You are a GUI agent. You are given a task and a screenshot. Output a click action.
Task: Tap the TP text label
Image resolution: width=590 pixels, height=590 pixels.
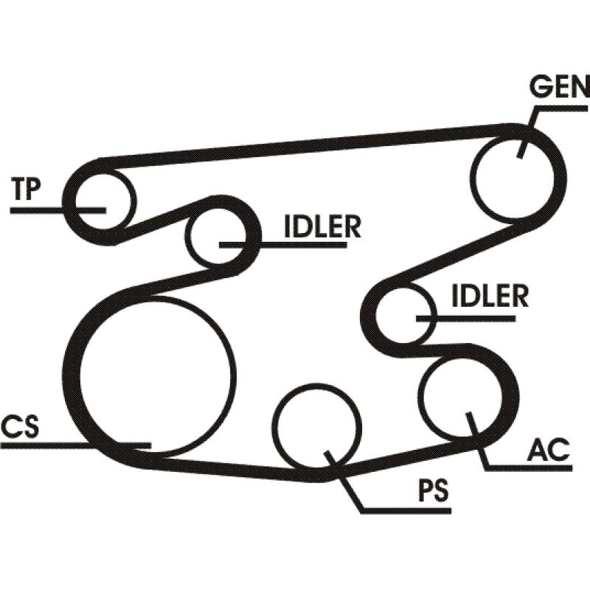pyautogui.click(x=27, y=190)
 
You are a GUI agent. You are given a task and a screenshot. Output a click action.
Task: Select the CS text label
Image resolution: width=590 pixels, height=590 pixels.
pyautogui.click(x=20, y=427)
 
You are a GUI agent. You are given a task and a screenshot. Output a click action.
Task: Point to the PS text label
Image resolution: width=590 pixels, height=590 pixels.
pyautogui.click(x=433, y=492)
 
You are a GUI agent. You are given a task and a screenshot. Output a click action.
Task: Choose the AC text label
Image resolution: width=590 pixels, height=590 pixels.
pyautogui.click(x=550, y=449)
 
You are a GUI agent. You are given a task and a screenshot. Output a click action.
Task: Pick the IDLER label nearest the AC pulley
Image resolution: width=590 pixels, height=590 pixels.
pyautogui.click(x=490, y=296)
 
